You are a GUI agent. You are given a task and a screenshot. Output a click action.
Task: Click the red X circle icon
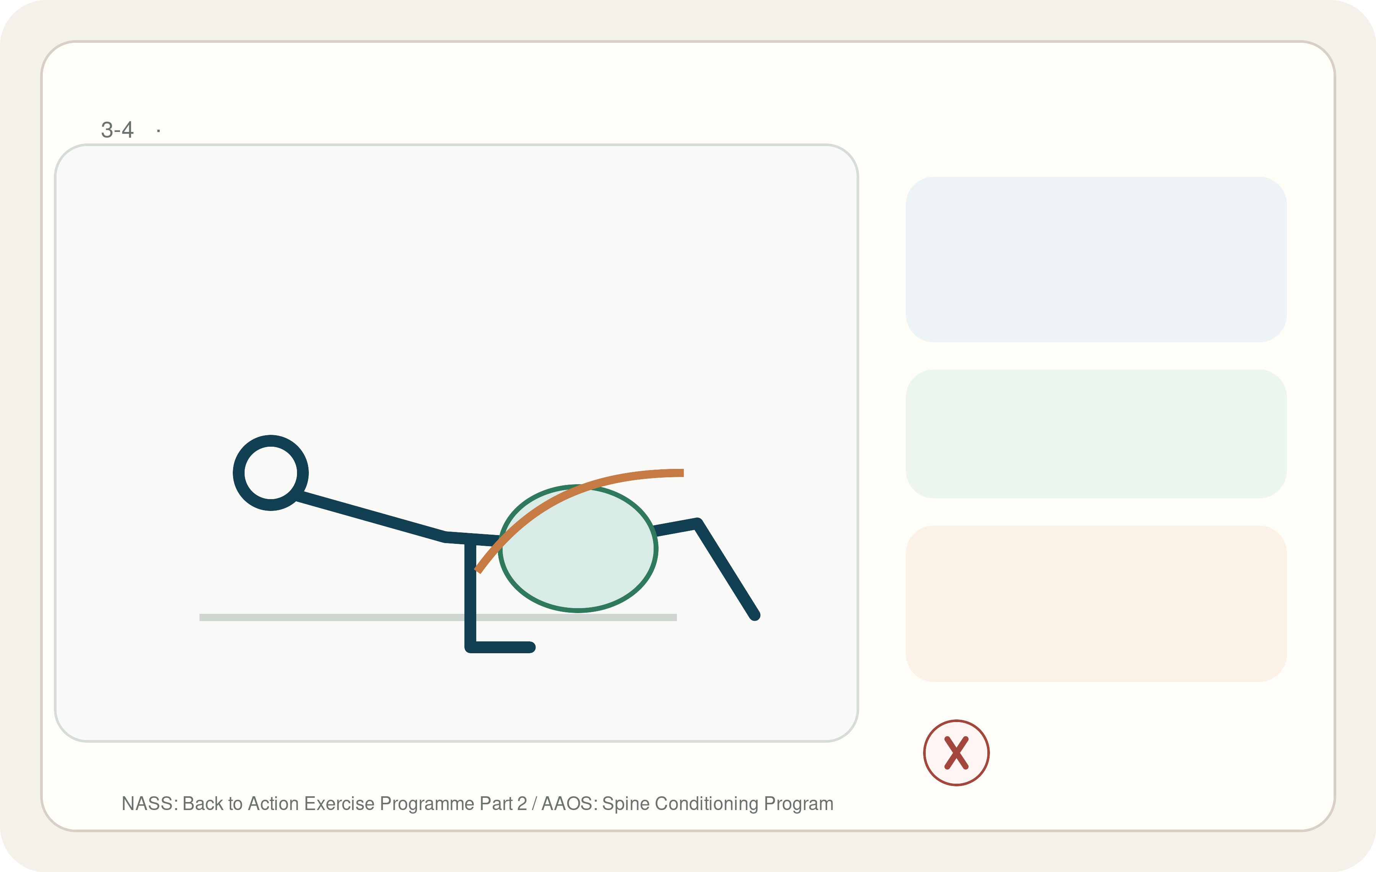[956, 753]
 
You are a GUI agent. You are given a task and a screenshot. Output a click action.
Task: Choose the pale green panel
[1096, 433]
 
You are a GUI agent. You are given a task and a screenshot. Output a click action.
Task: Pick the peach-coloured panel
[1096, 603]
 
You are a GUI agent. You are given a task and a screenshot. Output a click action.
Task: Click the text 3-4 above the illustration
[117, 130]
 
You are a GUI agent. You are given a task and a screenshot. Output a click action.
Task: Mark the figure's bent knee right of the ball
[698, 523]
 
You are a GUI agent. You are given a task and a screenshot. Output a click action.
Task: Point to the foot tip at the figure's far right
[755, 615]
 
